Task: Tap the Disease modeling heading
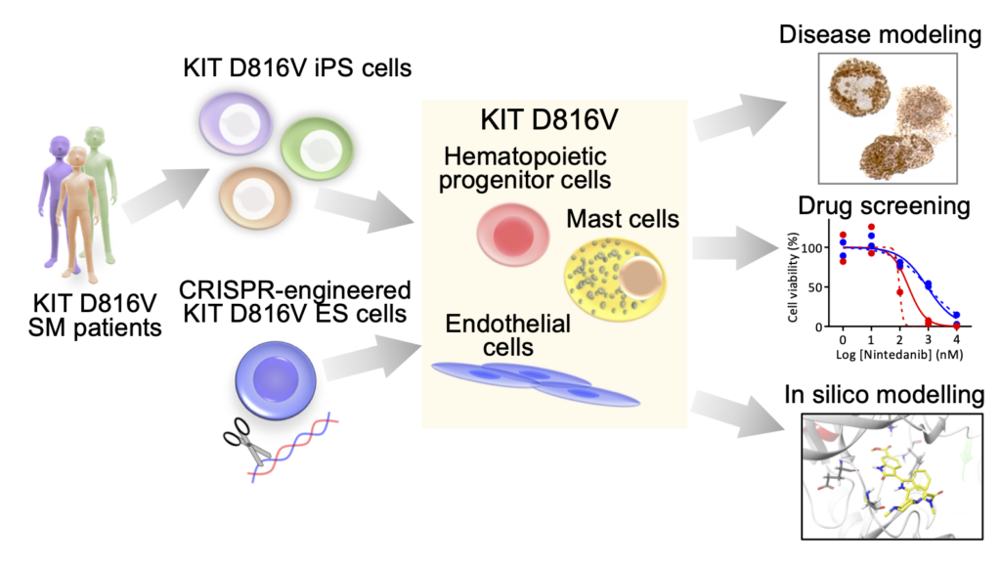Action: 879,36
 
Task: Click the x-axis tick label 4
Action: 957,338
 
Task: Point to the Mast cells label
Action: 622,218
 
